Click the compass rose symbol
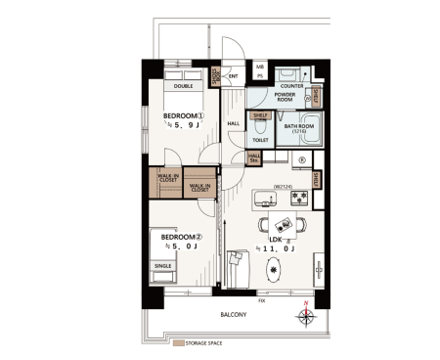[x=305, y=316]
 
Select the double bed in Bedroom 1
[x=183, y=77]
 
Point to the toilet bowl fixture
[x=260, y=126]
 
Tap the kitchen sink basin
[x=263, y=200]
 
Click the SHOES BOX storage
[x=216, y=76]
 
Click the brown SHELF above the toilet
[x=260, y=114]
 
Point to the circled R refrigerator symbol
[x=302, y=161]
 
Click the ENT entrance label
[x=233, y=75]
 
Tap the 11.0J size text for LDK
[x=275, y=249]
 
